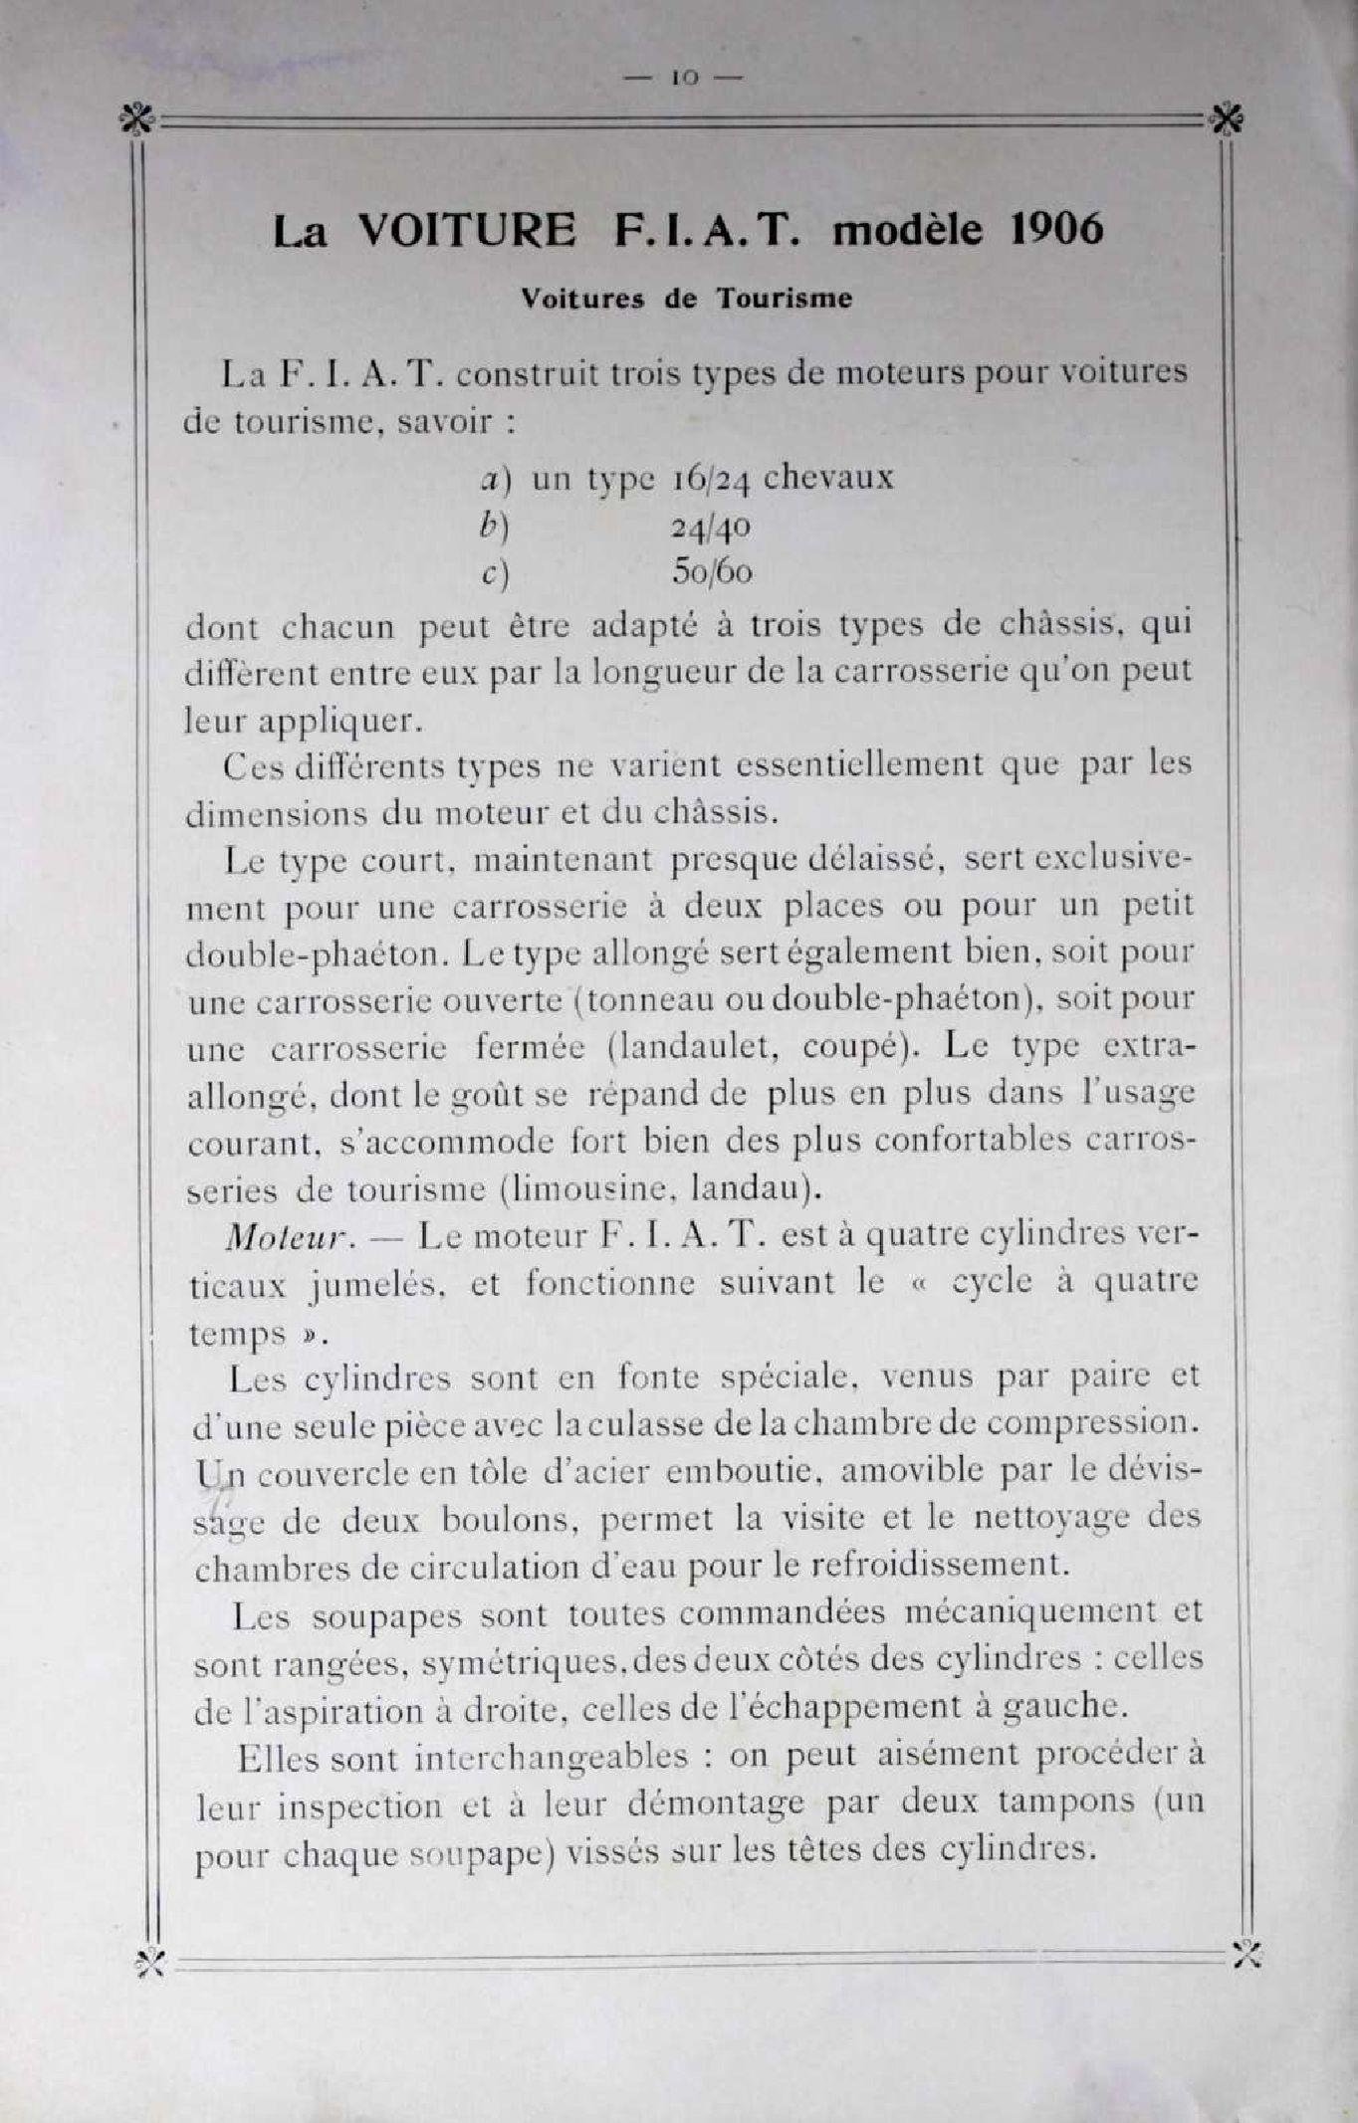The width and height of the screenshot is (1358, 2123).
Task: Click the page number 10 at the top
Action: pyautogui.click(x=686, y=78)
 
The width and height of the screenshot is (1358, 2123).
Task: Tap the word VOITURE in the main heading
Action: pyautogui.click(x=466, y=230)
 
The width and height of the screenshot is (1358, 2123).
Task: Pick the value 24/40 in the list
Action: pyautogui.click(x=711, y=527)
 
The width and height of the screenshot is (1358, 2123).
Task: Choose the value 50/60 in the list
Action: pyautogui.click(x=712, y=572)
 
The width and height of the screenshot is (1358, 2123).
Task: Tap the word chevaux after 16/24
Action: pyautogui.click(x=827, y=477)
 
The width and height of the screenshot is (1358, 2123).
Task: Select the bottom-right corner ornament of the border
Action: pyautogui.click(x=1245, y=1954)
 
